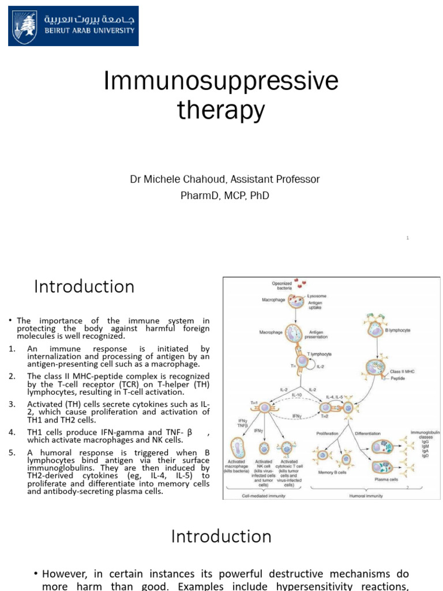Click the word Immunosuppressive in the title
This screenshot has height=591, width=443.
(x=221, y=83)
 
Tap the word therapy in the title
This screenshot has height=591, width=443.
(x=221, y=110)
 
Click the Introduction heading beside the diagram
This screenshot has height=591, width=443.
(x=84, y=287)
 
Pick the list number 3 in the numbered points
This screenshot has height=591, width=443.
(x=12, y=403)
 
